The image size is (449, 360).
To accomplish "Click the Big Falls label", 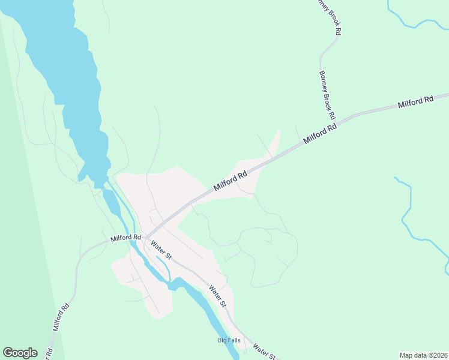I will (x=229, y=340).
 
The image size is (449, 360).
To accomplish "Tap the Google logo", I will (x=20, y=353).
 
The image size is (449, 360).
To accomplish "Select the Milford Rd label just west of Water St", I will (x=125, y=238).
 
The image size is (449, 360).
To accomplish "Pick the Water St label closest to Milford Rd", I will (x=161, y=250).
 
